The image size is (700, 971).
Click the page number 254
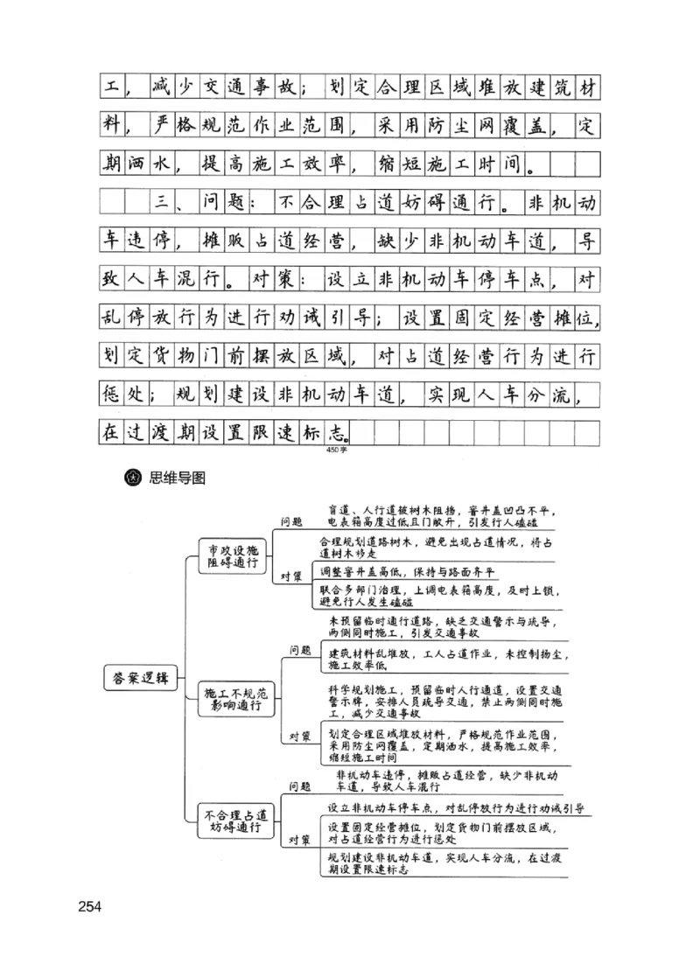pos(90,905)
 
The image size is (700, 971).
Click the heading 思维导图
pos(178,478)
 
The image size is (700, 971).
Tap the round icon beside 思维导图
pos(135,478)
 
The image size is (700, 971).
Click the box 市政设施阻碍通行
pos(231,556)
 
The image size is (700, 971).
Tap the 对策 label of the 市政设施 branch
pos(291,576)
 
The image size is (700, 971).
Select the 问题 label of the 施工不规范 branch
pos(300,650)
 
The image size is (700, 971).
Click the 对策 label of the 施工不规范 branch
pos(300,737)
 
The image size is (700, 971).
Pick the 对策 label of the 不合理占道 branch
pos(300,841)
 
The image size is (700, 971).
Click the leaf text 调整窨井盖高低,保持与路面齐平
pos(407,571)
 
